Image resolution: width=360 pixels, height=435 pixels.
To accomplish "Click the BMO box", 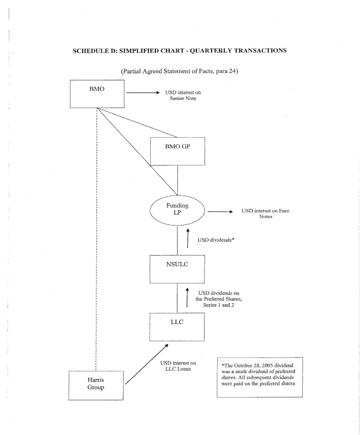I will click(x=97, y=93).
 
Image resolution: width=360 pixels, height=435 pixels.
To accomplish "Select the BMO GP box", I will click(x=177, y=151).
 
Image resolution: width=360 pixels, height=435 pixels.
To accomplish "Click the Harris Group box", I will click(x=97, y=384).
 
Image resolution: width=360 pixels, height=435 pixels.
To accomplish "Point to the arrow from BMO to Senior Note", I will click(x=142, y=93).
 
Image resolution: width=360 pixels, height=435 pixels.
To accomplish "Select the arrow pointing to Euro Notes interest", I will click(x=219, y=212).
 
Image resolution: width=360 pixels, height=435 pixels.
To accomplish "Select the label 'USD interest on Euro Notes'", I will click(x=265, y=214).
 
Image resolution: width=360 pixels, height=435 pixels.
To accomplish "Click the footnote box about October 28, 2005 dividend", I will click(x=259, y=376).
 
